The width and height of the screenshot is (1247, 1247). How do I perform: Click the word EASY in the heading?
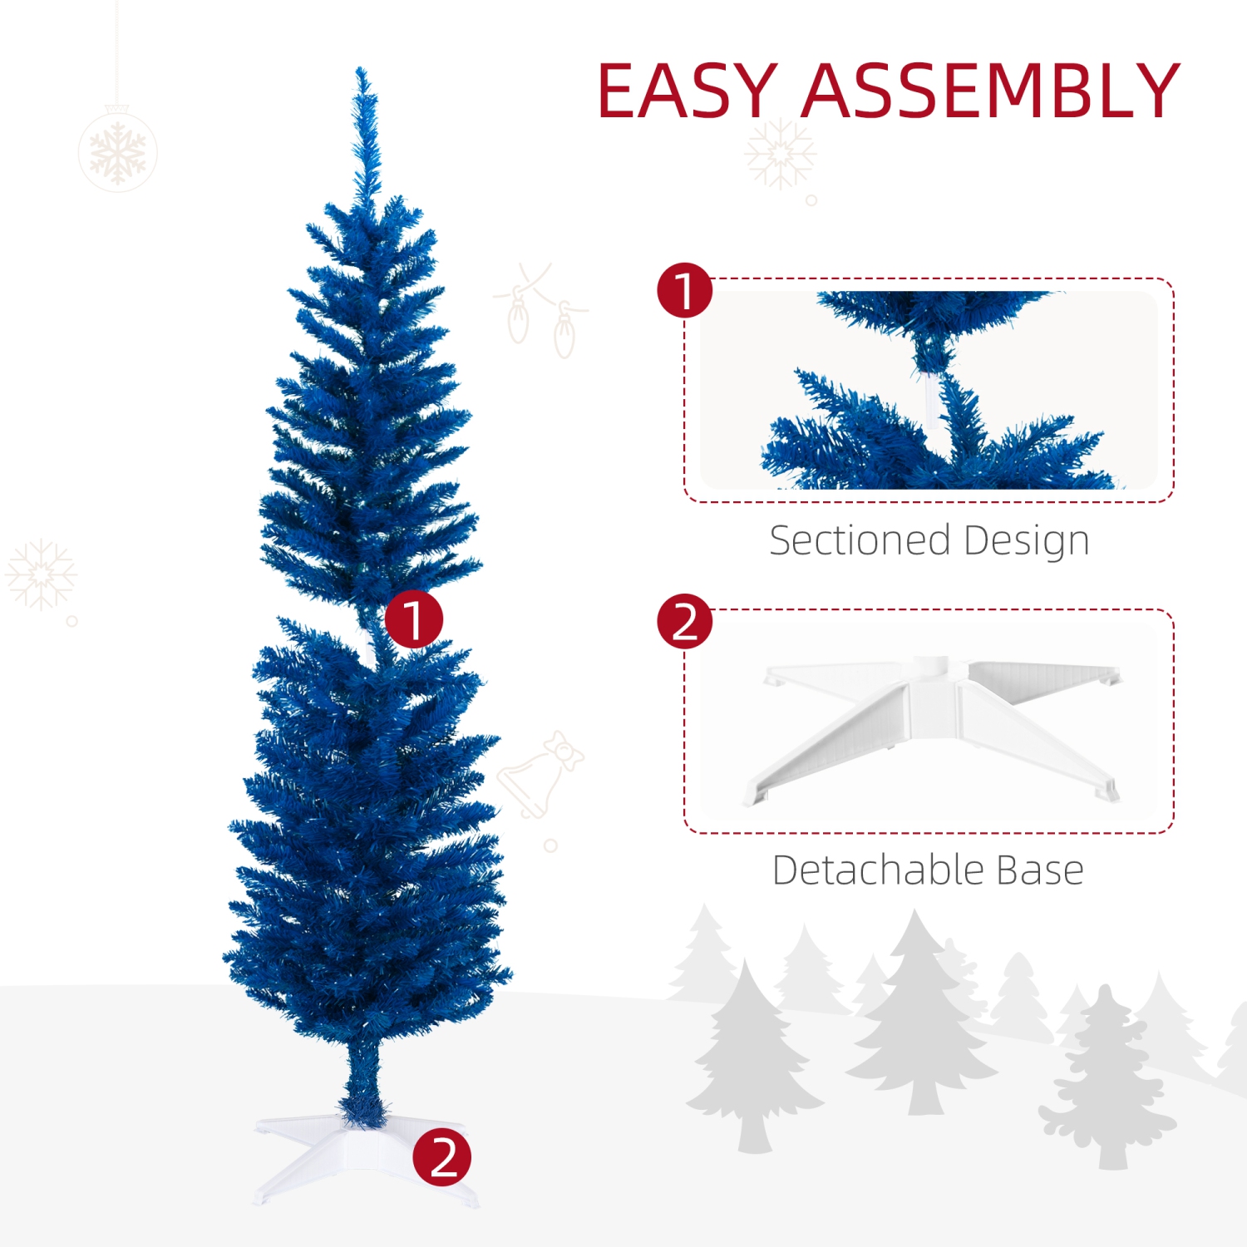point(687,91)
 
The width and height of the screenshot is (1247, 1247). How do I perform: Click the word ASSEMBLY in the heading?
point(989,91)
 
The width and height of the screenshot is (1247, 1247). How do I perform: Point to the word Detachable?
point(877,870)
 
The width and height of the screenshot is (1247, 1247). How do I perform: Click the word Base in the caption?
point(1039,870)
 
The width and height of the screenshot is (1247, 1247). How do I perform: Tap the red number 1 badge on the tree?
point(413,619)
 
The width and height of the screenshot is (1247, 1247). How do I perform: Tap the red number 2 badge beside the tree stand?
point(441,1157)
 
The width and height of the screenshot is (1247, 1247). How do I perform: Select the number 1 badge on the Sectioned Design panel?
point(684,291)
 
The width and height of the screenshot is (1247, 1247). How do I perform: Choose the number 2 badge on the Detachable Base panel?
point(684,621)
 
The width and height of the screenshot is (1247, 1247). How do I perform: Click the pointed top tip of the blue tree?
point(362,75)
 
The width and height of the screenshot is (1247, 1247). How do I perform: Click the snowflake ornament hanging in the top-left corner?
point(117,152)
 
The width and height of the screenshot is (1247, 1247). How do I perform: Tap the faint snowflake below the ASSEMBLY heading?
point(779,154)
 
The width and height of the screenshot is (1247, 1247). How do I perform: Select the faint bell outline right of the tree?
point(539,773)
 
